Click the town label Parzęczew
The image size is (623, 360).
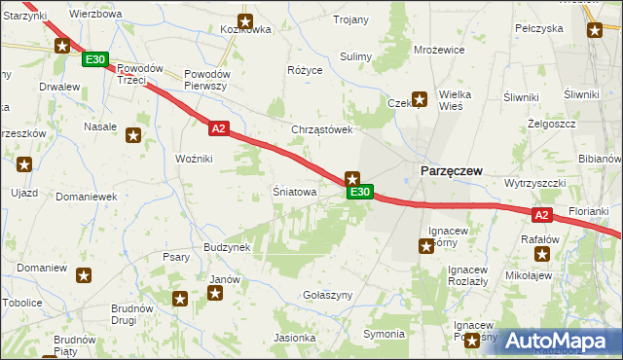451,170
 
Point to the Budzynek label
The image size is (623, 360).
227,247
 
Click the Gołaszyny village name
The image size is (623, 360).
327,294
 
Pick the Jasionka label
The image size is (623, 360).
295,338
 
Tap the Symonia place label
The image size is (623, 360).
384,334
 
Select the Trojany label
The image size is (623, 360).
350,19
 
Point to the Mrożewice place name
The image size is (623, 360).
438,49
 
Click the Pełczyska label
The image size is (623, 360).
539,28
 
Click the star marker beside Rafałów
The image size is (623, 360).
541,255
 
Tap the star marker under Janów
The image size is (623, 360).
215,293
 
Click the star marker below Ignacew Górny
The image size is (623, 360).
426,247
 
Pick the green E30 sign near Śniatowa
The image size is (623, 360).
359,193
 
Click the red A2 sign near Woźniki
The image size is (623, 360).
218,127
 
